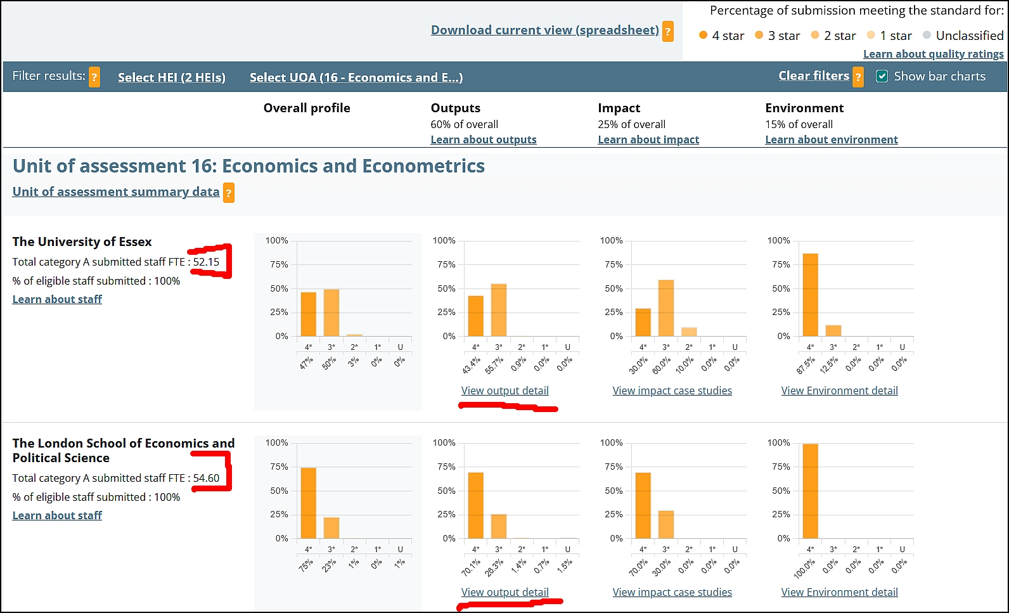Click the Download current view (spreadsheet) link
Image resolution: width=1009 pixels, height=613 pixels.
(544, 30)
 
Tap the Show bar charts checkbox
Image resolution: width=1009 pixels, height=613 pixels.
(882, 77)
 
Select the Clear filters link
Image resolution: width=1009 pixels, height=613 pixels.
(813, 76)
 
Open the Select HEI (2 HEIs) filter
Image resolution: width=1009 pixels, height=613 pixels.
(171, 77)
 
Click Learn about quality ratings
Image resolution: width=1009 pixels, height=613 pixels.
(933, 55)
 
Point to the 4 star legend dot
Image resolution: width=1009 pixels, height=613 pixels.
(703, 35)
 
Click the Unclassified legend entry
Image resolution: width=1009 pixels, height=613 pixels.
(969, 35)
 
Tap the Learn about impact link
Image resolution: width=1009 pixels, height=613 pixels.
(648, 139)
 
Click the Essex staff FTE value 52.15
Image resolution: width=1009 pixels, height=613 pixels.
(206, 262)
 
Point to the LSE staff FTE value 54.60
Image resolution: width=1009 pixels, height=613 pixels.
(206, 478)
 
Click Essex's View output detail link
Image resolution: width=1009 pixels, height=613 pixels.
(504, 390)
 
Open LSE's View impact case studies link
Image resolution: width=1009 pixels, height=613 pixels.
(672, 592)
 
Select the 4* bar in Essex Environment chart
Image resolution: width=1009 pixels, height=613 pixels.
(810, 295)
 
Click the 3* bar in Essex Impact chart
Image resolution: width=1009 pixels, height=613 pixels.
(665, 308)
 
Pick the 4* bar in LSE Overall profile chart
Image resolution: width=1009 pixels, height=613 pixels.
(308, 503)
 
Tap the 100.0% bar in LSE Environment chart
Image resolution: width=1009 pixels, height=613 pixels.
(810, 491)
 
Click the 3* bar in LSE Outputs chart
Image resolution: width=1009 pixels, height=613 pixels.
(498, 526)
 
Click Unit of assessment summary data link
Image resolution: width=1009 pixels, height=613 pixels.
(116, 192)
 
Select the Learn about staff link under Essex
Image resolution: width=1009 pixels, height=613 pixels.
(57, 299)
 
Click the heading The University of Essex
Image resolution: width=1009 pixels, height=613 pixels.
(82, 242)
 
